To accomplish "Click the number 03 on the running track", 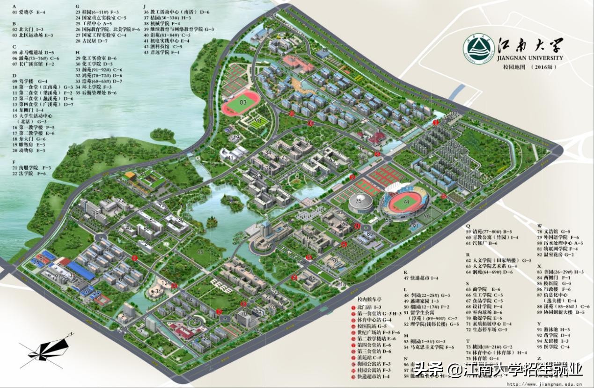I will click(242, 102).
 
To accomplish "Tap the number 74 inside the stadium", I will click(406, 201).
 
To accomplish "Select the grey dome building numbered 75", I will click(359, 202).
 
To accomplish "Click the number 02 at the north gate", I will click(453, 114).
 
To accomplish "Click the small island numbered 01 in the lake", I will click(229, 199).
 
